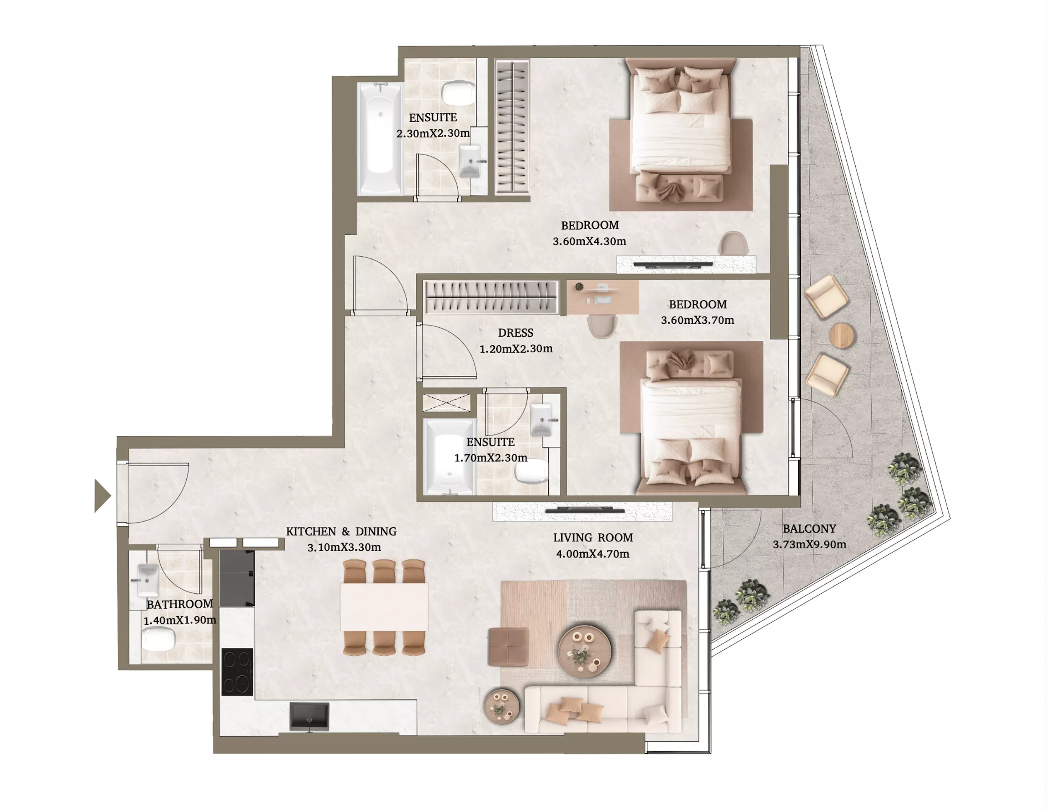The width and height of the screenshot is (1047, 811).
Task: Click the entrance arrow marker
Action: click(x=102, y=496)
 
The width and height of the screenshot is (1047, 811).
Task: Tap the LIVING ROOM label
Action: click(x=593, y=538)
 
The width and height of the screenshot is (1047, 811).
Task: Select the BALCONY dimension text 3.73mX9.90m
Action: click(x=809, y=544)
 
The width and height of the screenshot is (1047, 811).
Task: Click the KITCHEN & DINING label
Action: click(x=341, y=532)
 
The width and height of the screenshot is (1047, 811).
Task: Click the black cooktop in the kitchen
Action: click(x=237, y=672)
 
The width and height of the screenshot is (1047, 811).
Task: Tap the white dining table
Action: click(x=384, y=607)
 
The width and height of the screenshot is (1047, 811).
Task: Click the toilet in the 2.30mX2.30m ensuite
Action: click(x=458, y=93)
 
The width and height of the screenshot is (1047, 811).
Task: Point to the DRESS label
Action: click(x=516, y=332)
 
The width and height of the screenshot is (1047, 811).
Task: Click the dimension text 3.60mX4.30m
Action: click(x=590, y=241)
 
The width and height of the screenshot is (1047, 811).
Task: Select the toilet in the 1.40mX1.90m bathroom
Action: click(x=159, y=639)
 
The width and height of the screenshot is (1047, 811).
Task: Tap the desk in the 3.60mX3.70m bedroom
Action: click(x=603, y=298)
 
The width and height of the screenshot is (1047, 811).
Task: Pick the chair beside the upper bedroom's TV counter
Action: click(x=733, y=243)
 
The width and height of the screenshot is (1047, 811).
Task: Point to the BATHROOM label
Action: click(x=179, y=605)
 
